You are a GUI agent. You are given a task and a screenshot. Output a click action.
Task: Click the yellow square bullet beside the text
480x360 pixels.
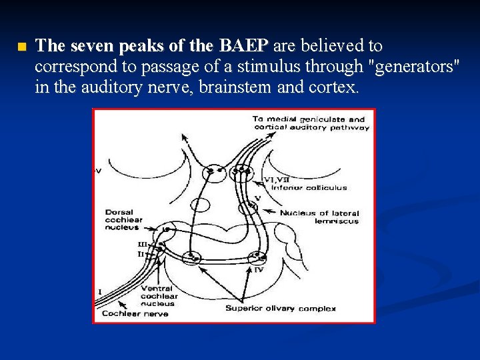tap(21, 47)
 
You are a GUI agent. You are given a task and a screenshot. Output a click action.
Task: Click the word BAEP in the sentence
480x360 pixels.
tap(241, 46)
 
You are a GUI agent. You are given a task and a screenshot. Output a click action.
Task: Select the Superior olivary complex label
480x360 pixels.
tap(280, 308)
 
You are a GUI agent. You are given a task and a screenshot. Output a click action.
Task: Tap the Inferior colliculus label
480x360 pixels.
tap(305, 187)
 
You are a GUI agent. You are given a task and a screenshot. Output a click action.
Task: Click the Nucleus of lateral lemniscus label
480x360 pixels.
tap(320, 217)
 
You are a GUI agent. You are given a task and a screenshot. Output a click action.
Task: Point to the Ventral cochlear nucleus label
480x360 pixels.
tap(159, 296)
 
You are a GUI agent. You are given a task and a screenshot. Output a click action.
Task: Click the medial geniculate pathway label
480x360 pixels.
tap(310, 123)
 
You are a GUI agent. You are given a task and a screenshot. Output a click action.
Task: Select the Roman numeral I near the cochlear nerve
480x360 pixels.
tap(100, 292)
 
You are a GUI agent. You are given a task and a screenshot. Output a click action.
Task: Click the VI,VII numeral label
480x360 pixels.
tap(276, 179)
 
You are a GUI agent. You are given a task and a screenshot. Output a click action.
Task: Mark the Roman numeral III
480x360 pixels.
tap(142, 244)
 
